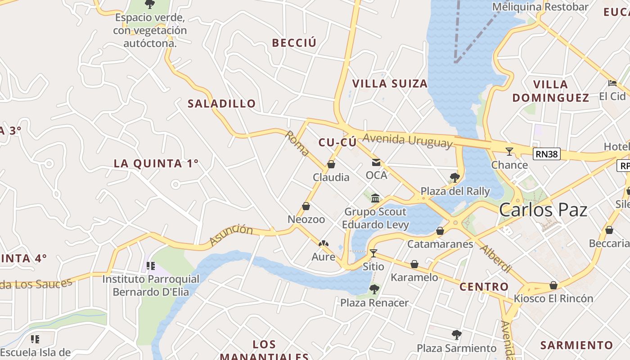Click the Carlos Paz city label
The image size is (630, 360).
click(x=543, y=210)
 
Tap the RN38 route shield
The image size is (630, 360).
click(x=547, y=154)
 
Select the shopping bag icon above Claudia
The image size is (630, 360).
click(x=331, y=164)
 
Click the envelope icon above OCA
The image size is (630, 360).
click(x=376, y=162)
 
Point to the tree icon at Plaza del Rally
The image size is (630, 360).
click(x=454, y=177)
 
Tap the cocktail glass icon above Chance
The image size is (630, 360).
click(x=509, y=152)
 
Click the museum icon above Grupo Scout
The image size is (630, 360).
click(x=375, y=198)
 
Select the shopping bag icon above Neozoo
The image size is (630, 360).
click(x=306, y=206)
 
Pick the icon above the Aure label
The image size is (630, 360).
click(x=323, y=244)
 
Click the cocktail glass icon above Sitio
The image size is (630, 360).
click(x=373, y=253)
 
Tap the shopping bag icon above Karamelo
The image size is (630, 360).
click(x=414, y=264)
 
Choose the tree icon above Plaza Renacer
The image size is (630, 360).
click(x=374, y=289)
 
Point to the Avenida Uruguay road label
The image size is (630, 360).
click(x=407, y=140)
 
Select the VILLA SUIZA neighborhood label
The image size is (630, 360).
click(x=390, y=84)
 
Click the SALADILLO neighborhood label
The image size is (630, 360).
click(x=221, y=103)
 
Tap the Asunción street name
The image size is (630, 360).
click(x=231, y=235)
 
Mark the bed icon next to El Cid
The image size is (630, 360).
click(x=612, y=83)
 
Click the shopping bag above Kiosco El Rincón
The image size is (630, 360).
click(x=553, y=285)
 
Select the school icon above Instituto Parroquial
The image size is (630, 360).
click(x=151, y=266)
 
